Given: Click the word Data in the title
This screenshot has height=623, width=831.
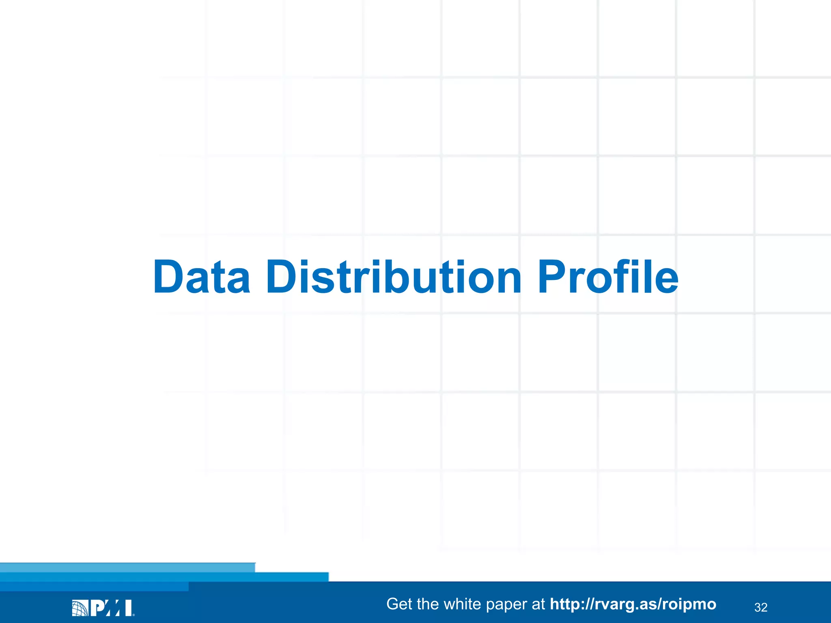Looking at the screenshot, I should [x=202, y=277].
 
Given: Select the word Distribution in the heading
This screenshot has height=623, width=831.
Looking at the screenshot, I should [x=393, y=277].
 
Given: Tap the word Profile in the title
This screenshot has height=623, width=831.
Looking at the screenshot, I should [x=608, y=277].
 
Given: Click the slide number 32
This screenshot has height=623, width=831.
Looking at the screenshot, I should [x=761, y=607].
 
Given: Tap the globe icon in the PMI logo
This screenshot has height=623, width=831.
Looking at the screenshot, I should [x=80, y=608].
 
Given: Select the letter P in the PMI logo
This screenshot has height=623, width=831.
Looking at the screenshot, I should [x=97, y=608].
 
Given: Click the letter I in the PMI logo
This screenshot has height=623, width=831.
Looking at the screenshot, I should [x=128, y=608].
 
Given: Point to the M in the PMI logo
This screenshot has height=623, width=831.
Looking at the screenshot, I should [x=113, y=608].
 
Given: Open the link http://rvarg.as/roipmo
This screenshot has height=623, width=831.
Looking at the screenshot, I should [x=633, y=604].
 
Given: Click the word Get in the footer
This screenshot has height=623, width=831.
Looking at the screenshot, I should [x=399, y=604].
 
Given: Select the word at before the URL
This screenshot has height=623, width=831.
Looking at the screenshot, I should [x=538, y=604].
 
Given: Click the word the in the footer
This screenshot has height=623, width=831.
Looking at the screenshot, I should [x=428, y=604].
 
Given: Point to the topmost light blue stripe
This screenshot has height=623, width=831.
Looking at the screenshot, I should [x=127, y=567].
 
